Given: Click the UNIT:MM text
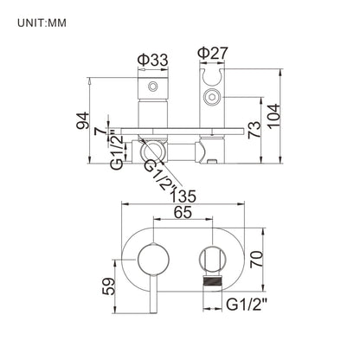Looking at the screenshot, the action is [x=42, y=22].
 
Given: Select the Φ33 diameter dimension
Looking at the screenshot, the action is [x=152, y=61].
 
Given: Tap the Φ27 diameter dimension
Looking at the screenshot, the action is [x=213, y=53].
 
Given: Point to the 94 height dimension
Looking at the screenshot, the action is [x=83, y=120].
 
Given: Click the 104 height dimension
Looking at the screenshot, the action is [x=273, y=115].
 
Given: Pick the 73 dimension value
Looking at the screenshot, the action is [x=254, y=130].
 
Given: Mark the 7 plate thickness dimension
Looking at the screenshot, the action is [x=100, y=132].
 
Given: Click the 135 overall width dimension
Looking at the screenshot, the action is [x=183, y=196].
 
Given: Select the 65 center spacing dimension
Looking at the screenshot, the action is [x=183, y=212].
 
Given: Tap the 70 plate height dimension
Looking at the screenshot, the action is [x=256, y=260].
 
